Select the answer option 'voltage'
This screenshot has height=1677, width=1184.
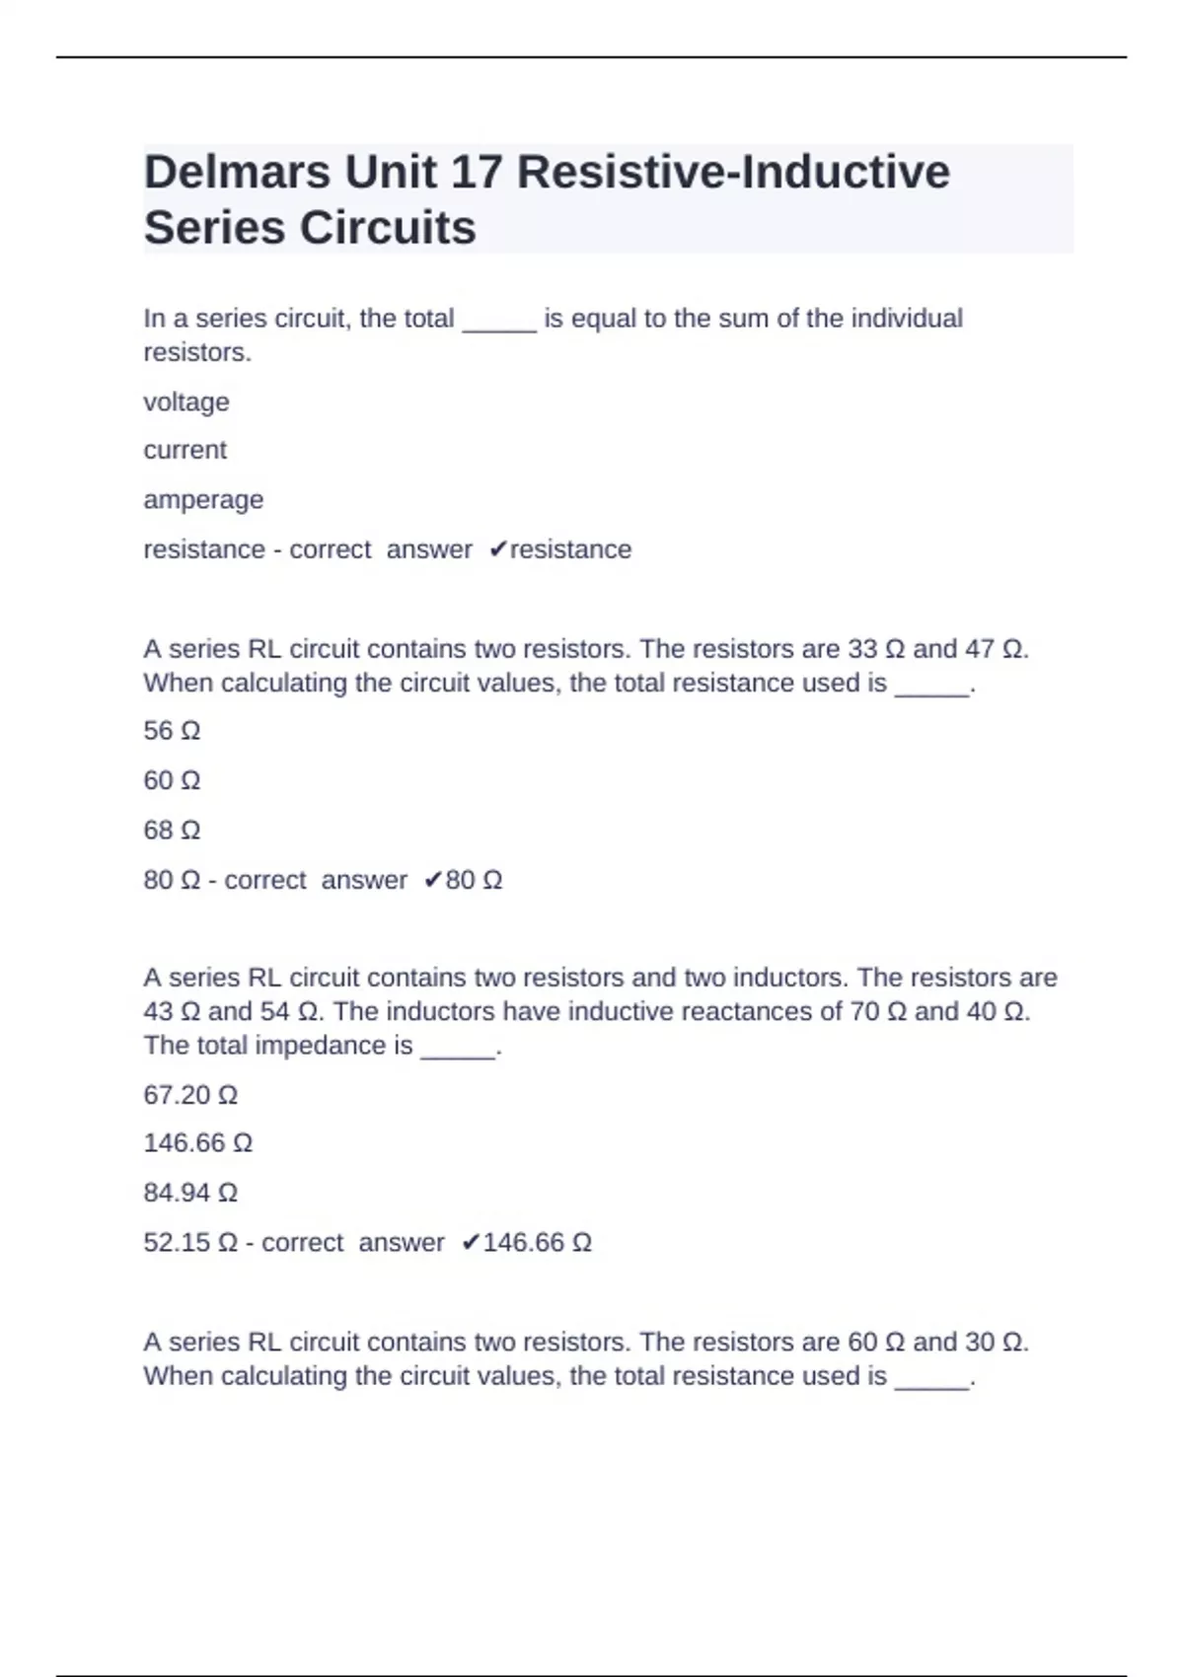[x=186, y=402]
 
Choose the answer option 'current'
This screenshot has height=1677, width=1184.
[x=185, y=451]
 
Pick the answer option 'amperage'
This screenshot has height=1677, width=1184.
[x=203, y=500]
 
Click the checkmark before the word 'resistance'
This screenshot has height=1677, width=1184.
[x=498, y=549]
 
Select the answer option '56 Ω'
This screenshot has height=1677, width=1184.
[x=172, y=731]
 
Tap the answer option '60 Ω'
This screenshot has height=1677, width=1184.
[x=172, y=780]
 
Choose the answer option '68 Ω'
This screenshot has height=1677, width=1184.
[x=172, y=831]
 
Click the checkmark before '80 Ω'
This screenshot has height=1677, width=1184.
[x=433, y=880]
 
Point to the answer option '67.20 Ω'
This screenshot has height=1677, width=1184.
[x=190, y=1095]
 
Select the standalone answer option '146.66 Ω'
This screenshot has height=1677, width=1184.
[x=198, y=1143]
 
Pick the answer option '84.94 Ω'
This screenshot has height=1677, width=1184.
[x=190, y=1193]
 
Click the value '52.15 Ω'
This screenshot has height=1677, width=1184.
[x=190, y=1243]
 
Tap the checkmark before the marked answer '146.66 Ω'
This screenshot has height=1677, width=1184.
[x=471, y=1243]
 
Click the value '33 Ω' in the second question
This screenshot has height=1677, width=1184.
[x=876, y=649]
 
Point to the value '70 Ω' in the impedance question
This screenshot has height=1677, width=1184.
[x=877, y=1011]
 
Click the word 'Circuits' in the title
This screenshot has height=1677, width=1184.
[x=388, y=229]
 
